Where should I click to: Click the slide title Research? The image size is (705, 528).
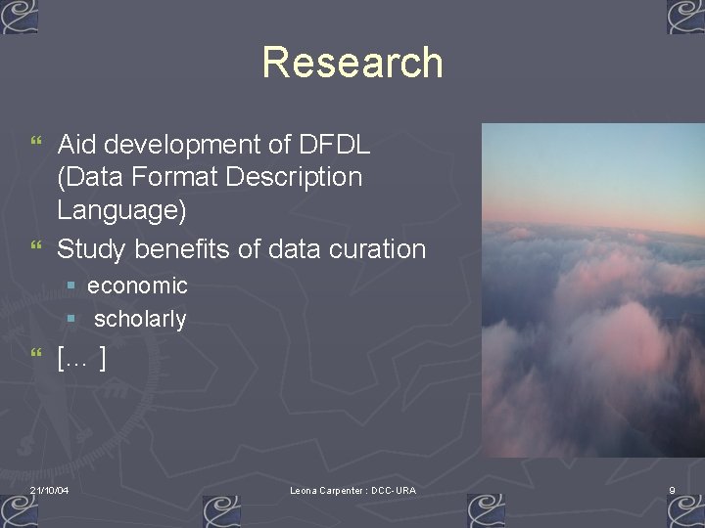[352, 63]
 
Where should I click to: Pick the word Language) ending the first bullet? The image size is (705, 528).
[121, 210]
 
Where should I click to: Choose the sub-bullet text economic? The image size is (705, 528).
[137, 286]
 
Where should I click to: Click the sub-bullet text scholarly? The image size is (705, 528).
[140, 319]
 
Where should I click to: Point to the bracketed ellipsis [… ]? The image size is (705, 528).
[81, 359]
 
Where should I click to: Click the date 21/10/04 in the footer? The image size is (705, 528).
[49, 490]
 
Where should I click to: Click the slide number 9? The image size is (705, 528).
[672, 490]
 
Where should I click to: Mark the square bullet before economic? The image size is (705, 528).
[70, 286]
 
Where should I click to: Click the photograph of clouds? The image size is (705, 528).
[592, 289]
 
